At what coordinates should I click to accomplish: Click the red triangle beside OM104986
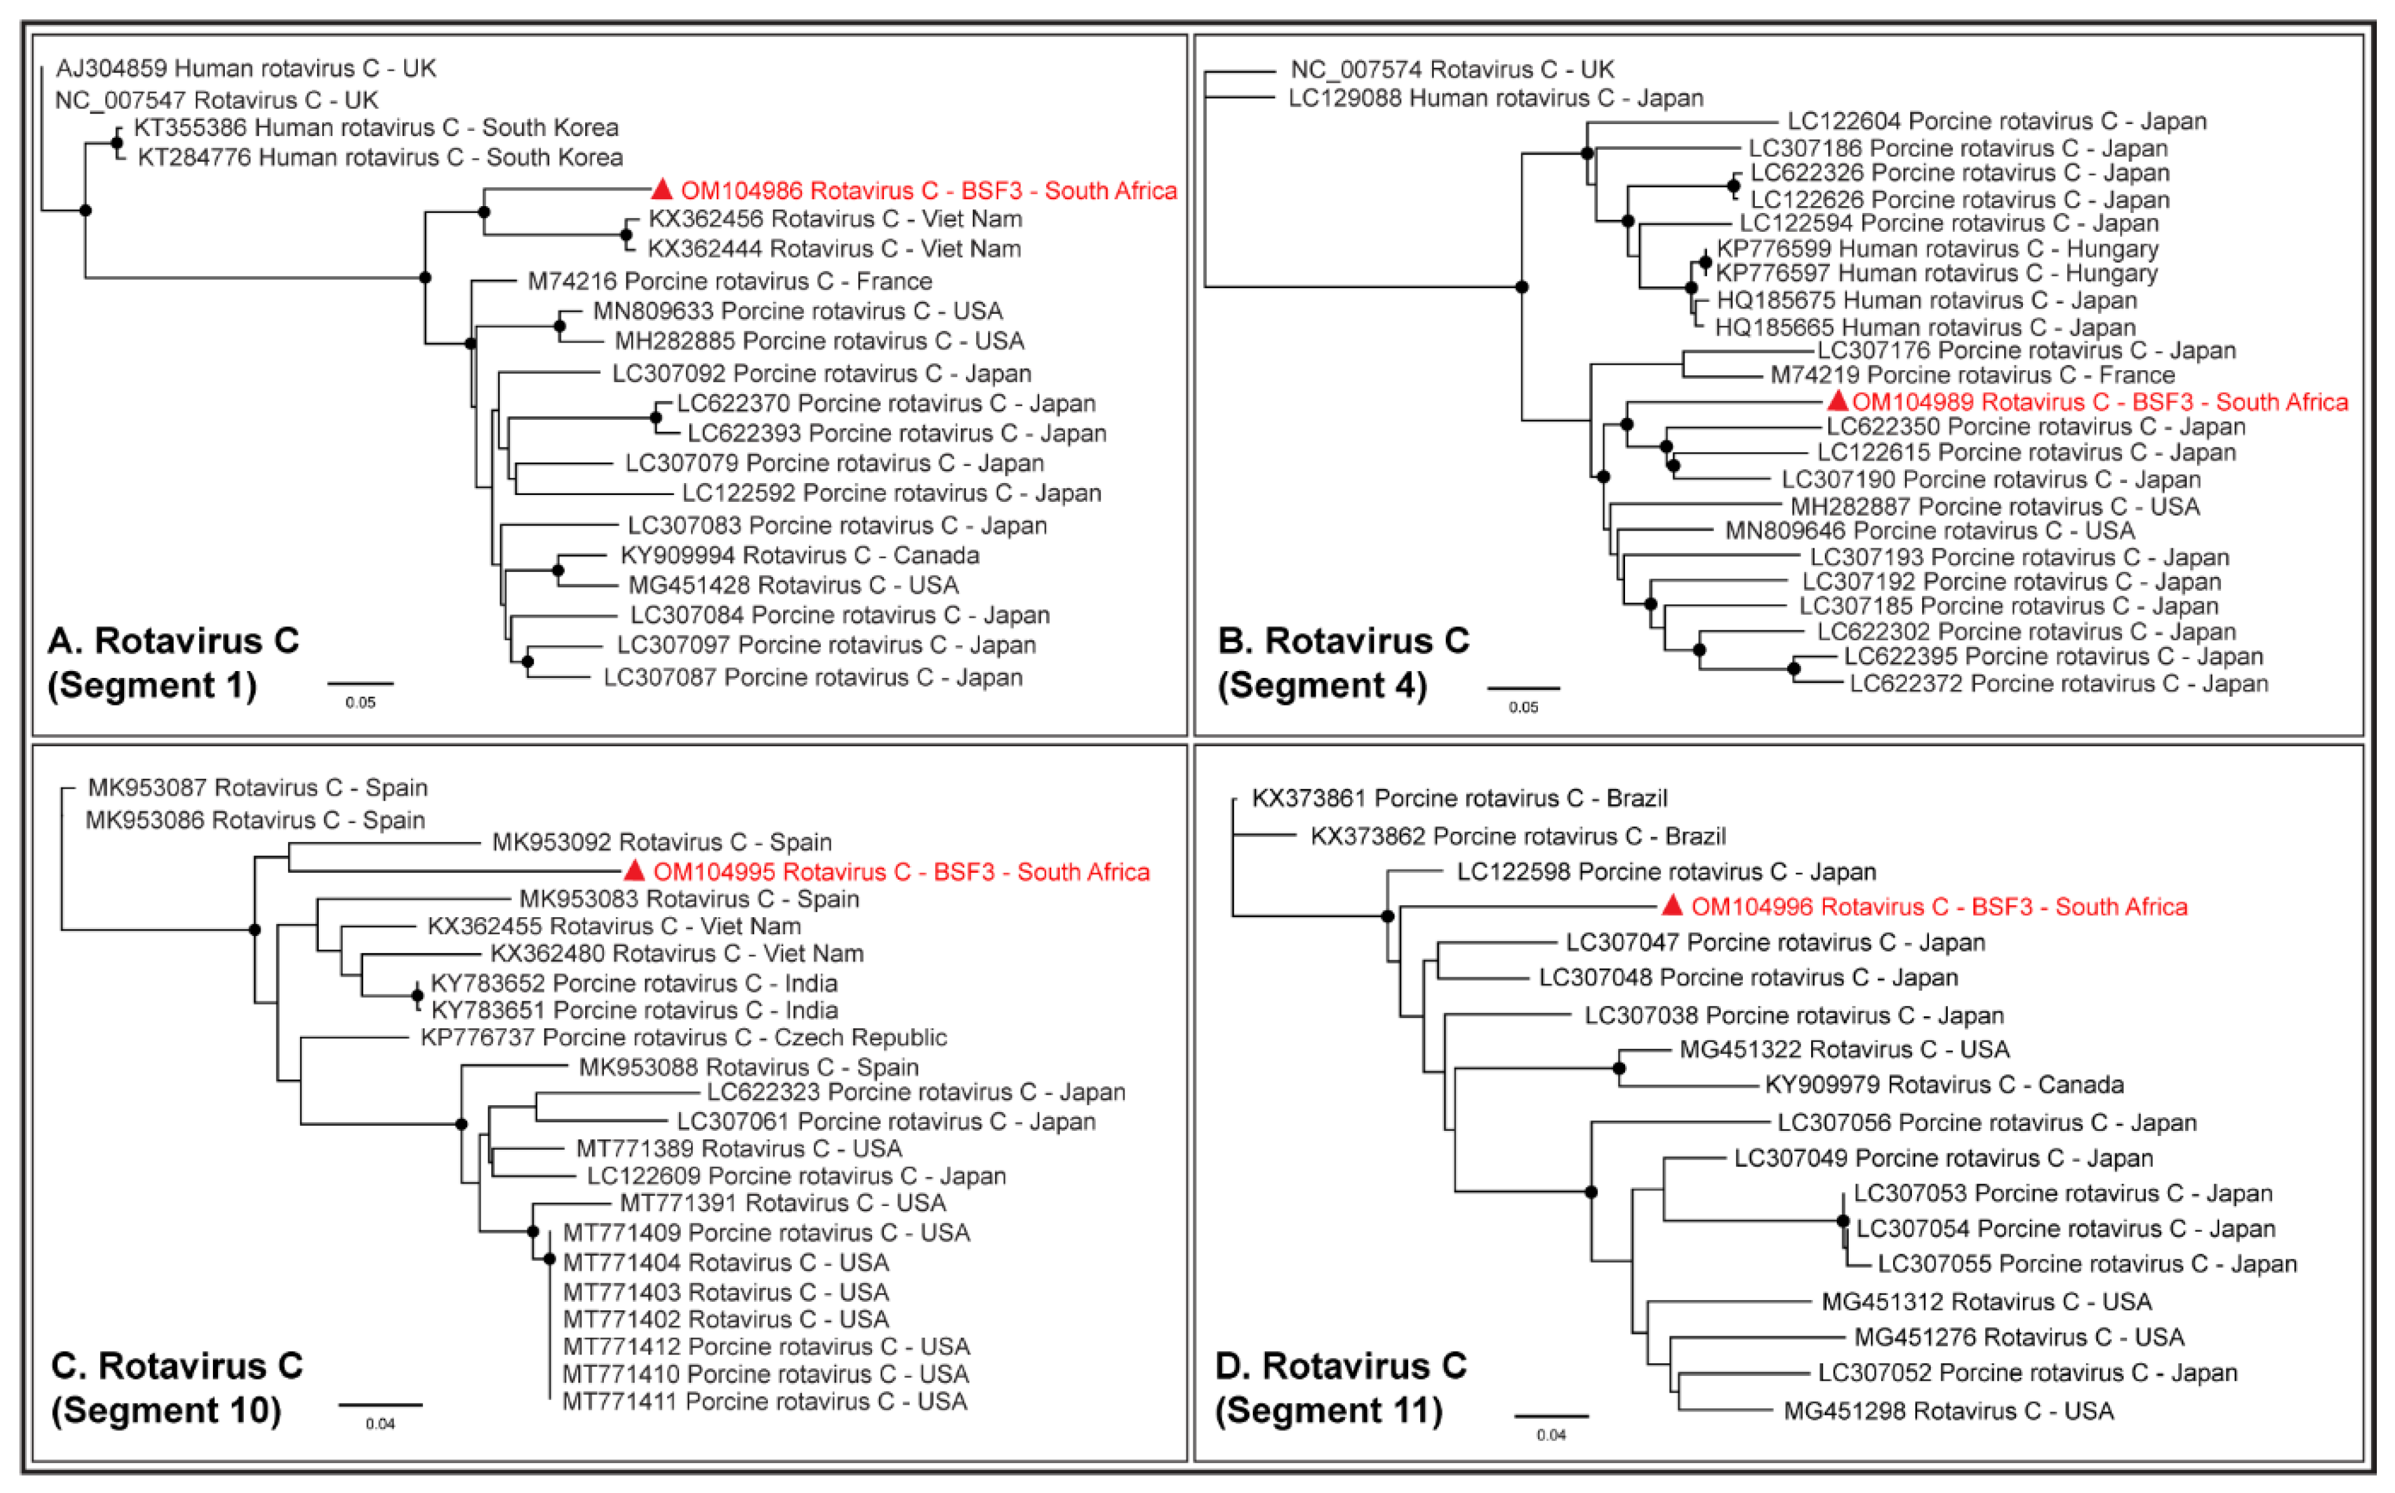point(662,190)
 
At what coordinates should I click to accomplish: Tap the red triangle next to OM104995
point(635,871)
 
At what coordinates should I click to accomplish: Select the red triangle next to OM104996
point(1672,905)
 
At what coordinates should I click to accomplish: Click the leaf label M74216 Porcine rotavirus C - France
point(730,281)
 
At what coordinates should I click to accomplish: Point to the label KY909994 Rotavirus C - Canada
point(799,556)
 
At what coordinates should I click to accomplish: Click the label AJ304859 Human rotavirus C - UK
point(246,68)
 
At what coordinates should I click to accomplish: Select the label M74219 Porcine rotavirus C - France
point(1972,375)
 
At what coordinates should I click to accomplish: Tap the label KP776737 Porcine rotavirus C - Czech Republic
point(683,1038)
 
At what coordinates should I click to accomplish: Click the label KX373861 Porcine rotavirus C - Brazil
point(1459,798)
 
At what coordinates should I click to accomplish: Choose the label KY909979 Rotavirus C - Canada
point(1944,1085)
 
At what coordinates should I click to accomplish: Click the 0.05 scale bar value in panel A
point(360,703)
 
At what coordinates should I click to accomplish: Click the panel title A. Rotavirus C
point(174,641)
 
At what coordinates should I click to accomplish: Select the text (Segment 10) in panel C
point(166,1410)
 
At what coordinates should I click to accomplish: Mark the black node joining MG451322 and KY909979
point(1619,1068)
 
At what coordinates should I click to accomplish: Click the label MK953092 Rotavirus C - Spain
point(662,842)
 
